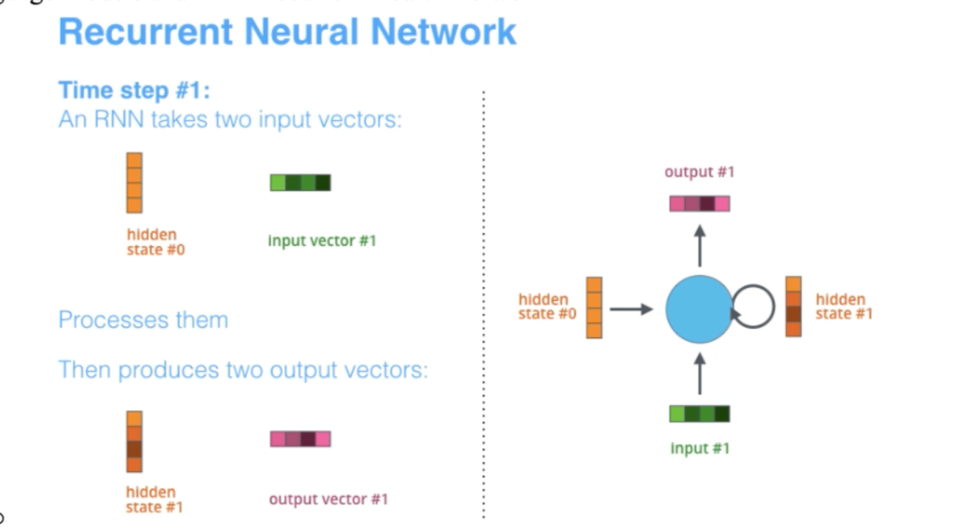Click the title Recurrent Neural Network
pyautogui.click(x=287, y=32)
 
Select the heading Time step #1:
pyautogui.click(x=134, y=90)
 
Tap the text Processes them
pyautogui.click(x=143, y=320)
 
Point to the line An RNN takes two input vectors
pyautogui.click(x=230, y=119)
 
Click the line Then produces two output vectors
pyautogui.click(x=243, y=370)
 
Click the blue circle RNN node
pyautogui.click(x=699, y=309)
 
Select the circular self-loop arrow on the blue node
pyautogui.click(x=755, y=307)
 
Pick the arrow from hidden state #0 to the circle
pyautogui.click(x=630, y=308)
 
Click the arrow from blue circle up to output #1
pyautogui.click(x=700, y=245)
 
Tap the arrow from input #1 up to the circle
pyautogui.click(x=700, y=374)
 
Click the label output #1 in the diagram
pyautogui.click(x=700, y=172)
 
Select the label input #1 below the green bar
pyautogui.click(x=700, y=448)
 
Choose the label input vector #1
pyautogui.click(x=322, y=241)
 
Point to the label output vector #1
pyautogui.click(x=329, y=498)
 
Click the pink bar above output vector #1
pyautogui.click(x=300, y=439)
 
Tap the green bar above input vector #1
pyautogui.click(x=300, y=182)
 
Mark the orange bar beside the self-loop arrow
pyautogui.click(x=793, y=307)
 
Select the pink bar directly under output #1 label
pyautogui.click(x=700, y=204)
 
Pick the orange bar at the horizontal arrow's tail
pyautogui.click(x=594, y=307)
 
